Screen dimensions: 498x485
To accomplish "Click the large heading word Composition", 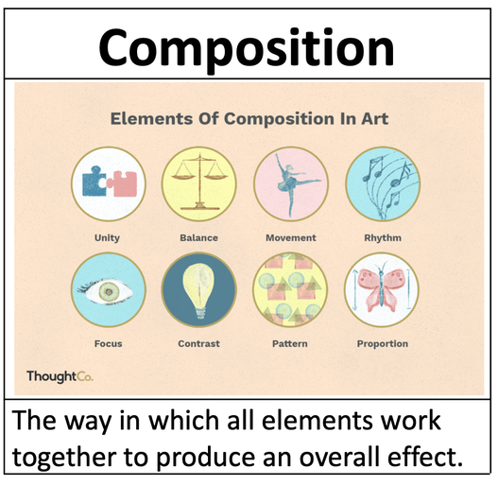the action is tap(247, 48).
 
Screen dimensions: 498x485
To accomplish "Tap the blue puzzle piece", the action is tap(94, 182).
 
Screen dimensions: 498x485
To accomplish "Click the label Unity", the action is tap(107, 238).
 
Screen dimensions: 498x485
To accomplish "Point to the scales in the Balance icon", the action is tap(199, 182).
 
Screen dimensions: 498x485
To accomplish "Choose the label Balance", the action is tap(198, 237).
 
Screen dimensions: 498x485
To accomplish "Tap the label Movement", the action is tap(291, 237).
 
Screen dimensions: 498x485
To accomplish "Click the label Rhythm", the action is tap(383, 237).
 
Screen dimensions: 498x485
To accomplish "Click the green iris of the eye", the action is tap(110, 291).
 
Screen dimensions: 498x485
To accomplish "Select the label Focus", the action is tap(109, 343).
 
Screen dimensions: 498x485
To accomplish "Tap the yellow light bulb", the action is tap(198, 290).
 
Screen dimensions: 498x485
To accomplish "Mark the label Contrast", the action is tap(198, 343).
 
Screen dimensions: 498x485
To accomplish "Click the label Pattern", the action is tap(290, 343).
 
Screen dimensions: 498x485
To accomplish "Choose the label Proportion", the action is tap(383, 344).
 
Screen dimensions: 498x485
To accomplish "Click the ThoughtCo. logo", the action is tap(60, 376).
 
